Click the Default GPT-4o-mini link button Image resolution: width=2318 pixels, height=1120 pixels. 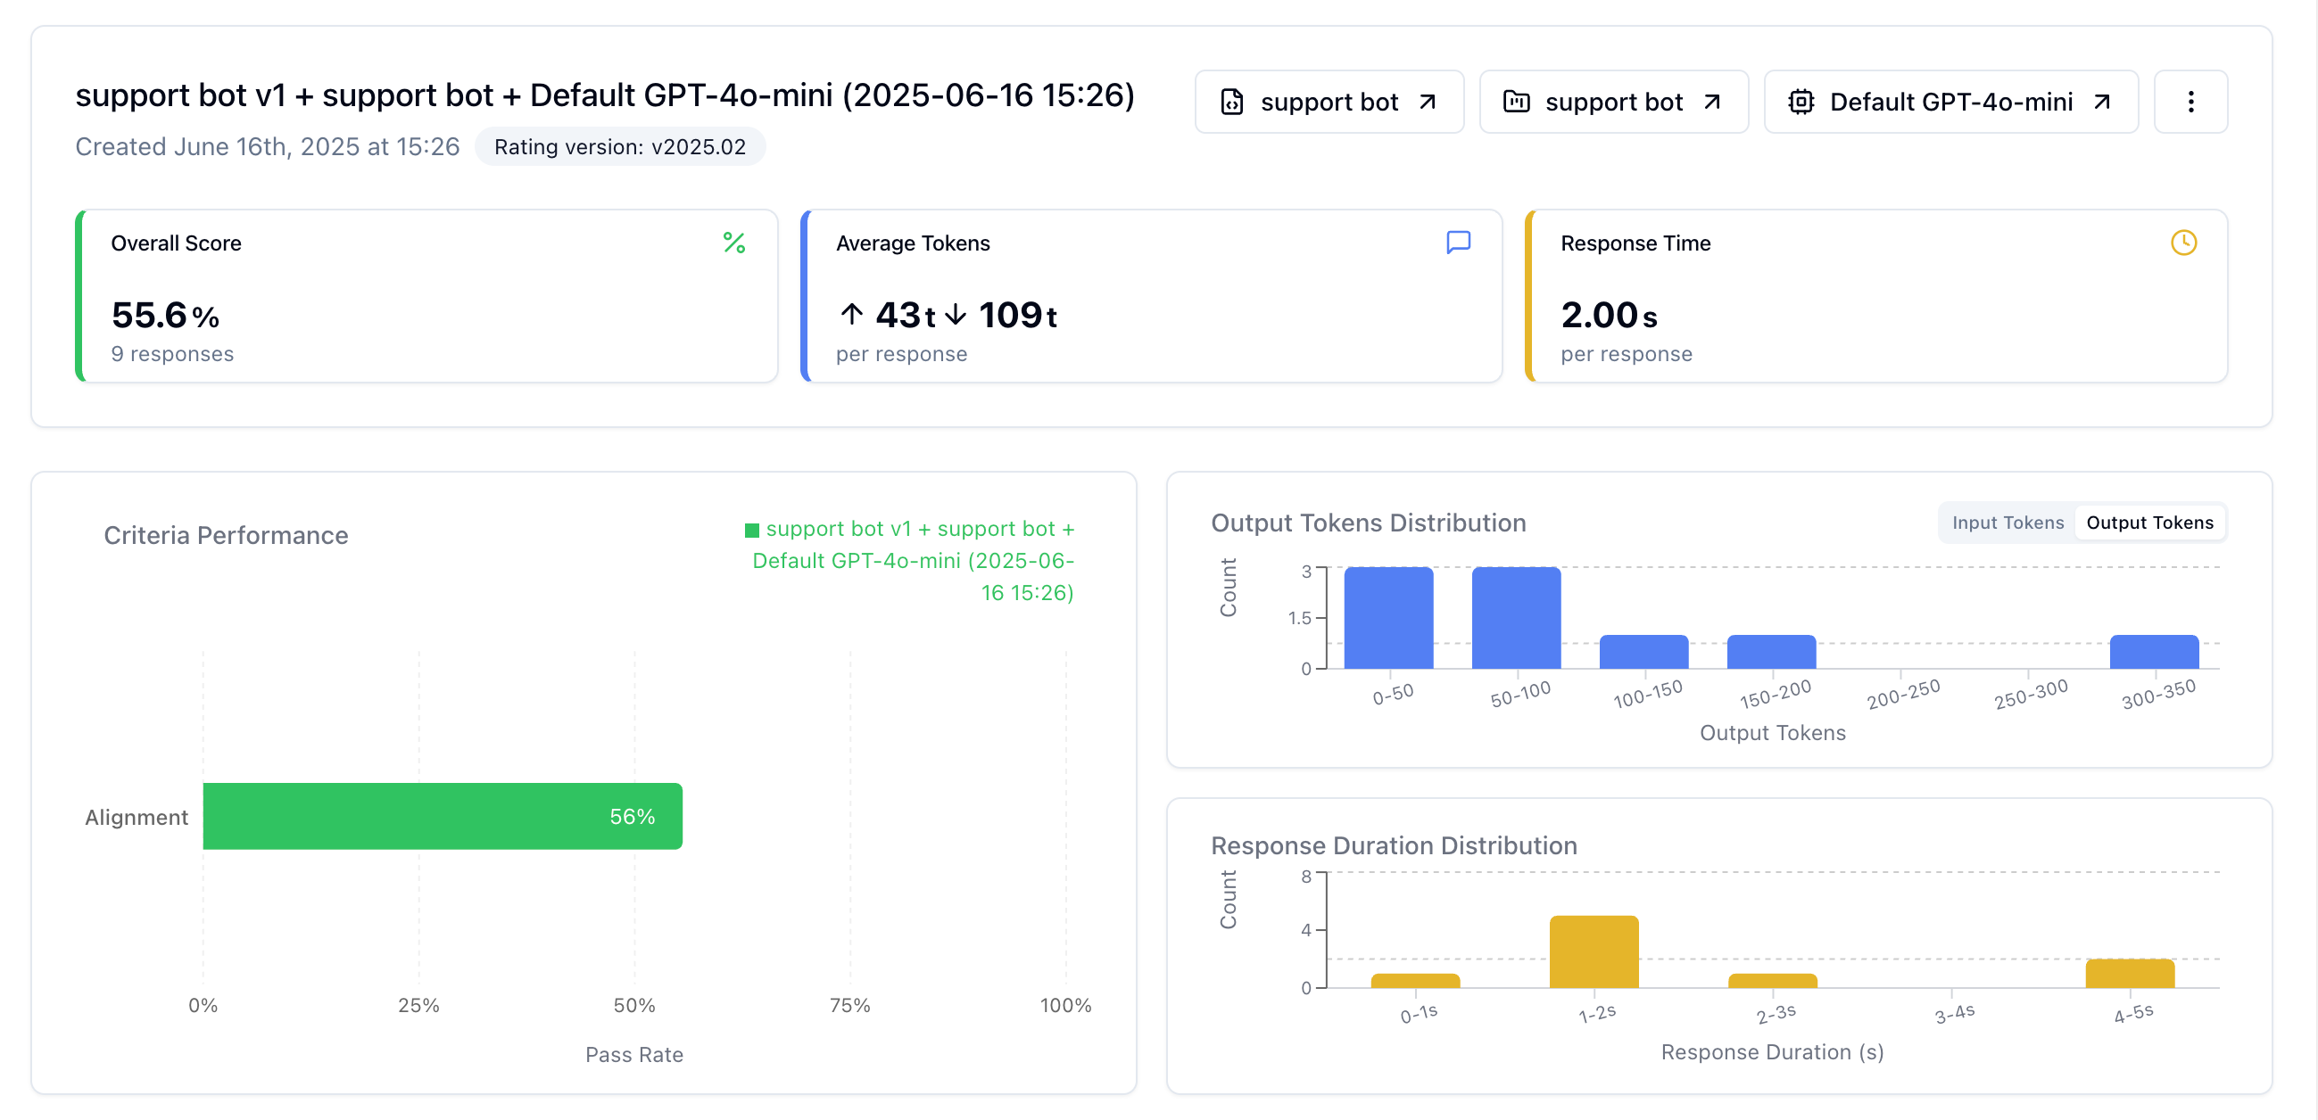coord(1951,102)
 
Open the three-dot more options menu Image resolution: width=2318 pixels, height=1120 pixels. coord(2190,102)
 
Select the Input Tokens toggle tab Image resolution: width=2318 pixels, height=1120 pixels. coord(2008,523)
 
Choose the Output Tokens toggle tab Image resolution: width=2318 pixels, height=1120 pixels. coord(2149,523)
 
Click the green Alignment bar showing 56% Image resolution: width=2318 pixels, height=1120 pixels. coord(443,816)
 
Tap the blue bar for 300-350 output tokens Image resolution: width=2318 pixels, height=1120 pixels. coord(2154,651)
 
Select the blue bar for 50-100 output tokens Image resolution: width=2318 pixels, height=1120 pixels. coord(1516,617)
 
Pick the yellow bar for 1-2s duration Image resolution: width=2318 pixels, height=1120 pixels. coord(1594,951)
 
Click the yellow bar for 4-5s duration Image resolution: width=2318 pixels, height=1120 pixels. coord(2130,974)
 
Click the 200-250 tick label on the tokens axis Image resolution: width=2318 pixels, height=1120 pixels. coord(1903,695)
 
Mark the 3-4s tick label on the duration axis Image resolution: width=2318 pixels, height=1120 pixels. coord(1955,1014)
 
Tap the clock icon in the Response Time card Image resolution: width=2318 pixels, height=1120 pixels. coord(2184,243)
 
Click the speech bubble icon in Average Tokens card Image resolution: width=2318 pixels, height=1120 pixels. coord(1459,243)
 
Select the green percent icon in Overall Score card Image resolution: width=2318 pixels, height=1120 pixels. coord(734,243)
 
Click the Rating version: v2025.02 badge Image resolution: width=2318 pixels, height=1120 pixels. coord(620,146)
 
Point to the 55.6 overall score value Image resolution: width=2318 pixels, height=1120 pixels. coord(149,315)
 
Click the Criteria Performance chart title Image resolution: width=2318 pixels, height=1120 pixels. coord(226,535)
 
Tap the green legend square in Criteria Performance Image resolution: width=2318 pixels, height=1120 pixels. coord(752,530)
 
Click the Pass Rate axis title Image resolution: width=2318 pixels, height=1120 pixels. coord(634,1054)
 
